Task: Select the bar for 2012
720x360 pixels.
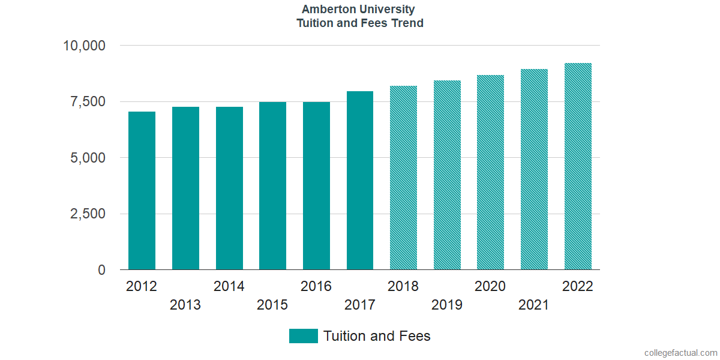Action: point(142,191)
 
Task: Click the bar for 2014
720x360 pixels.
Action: point(229,188)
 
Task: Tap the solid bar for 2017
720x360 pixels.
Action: point(360,181)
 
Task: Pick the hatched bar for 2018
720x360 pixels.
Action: point(403,178)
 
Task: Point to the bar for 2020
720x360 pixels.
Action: point(490,172)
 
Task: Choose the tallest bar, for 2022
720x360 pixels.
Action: point(578,166)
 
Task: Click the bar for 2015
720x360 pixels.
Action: point(272,186)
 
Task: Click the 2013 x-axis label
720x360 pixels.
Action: point(185,305)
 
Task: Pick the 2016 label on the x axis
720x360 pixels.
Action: point(316,286)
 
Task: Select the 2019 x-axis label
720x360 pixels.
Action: point(447,305)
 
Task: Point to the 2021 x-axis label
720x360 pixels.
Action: point(534,305)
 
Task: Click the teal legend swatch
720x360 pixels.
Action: point(303,336)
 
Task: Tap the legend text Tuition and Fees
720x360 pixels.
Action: point(377,336)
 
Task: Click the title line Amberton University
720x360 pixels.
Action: point(358,10)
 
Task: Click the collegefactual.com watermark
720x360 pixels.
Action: point(680,353)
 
